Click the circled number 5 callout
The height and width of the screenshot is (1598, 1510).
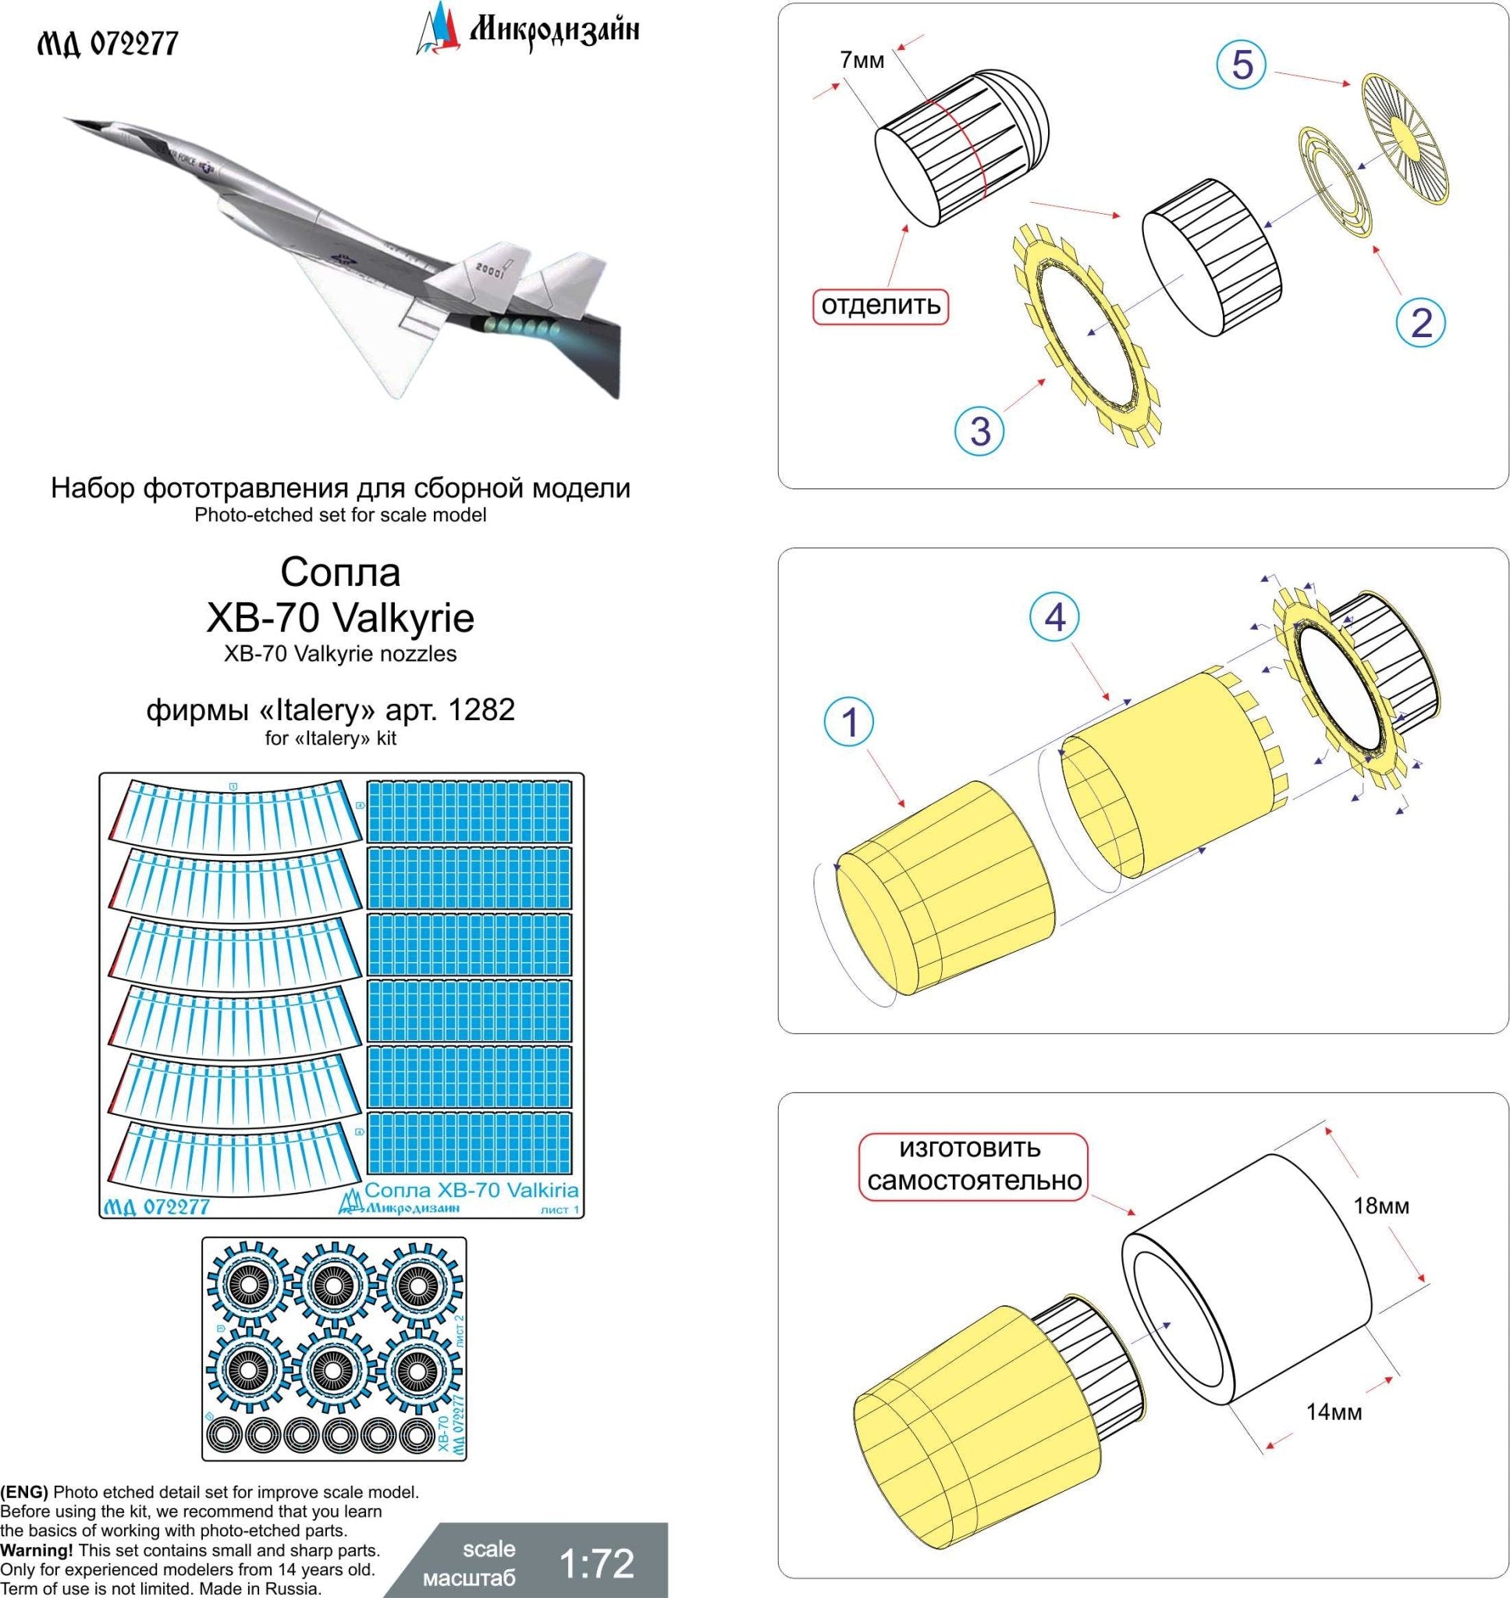coord(1242,64)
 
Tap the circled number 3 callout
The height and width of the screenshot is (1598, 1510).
coord(979,430)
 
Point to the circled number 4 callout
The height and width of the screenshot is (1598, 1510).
coord(1054,617)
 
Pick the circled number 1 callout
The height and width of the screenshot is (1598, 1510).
coord(850,721)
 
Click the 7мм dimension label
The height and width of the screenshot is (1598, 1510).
coord(862,59)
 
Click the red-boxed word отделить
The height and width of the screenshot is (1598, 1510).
coord(880,305)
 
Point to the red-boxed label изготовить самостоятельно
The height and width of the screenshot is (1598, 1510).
coord(974,1164)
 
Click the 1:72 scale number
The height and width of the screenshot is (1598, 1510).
coord(596,1564)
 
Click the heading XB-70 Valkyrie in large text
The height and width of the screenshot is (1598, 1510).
coord(340,617)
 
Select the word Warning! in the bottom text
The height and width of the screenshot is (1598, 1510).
coord(36,1550)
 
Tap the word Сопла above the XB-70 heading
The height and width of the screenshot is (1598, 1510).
coord(339,572)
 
